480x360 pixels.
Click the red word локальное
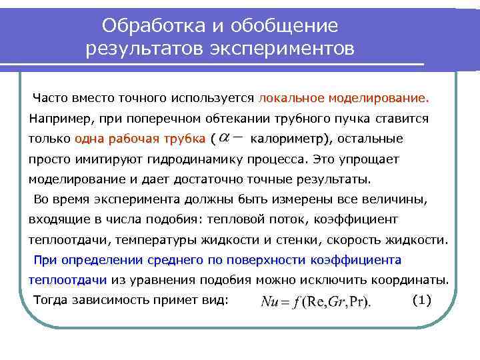pyautogui.click(x=291, y=99)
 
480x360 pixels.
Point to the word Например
pyautogui.click(x=59, y=119)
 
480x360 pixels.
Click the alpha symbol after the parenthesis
pyautogui.click(x=225, y=138)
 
